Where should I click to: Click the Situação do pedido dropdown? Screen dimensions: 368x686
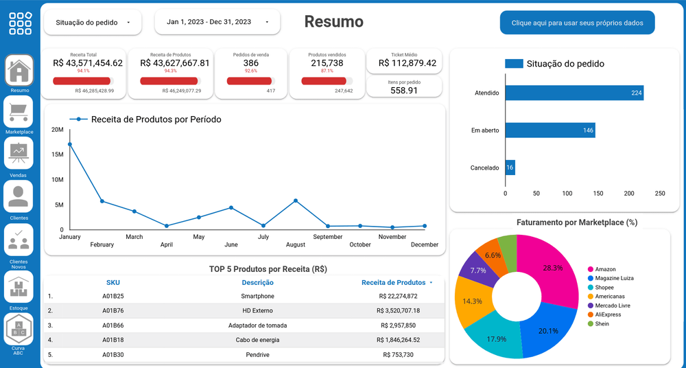tap(93, 23)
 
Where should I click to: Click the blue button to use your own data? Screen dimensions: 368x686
tap(577, 23)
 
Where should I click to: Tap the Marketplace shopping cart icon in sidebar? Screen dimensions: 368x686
tap(19, 111)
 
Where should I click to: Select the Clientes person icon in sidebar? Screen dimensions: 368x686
tap(19, 196)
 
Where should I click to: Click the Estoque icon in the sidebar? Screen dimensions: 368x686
tap(19, 286)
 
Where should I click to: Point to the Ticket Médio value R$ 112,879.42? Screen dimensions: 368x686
tap(404, 63)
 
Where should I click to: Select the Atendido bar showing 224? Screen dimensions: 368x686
tap(574, 93)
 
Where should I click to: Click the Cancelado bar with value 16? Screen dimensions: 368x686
tap(510, 168)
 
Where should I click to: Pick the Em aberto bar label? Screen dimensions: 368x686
tap(485, 130)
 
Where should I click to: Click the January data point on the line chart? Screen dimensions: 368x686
tap(70, 144)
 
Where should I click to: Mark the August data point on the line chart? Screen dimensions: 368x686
tap(296, 200)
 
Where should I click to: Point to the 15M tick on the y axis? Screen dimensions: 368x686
tap(58, 154)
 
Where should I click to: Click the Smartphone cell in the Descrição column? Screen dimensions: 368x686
tap(257, 297)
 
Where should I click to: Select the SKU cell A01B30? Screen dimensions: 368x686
tap(113, 354)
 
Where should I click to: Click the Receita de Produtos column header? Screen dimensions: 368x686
tap(393, 282)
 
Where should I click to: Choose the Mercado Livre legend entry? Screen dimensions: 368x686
tap(613, 306)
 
